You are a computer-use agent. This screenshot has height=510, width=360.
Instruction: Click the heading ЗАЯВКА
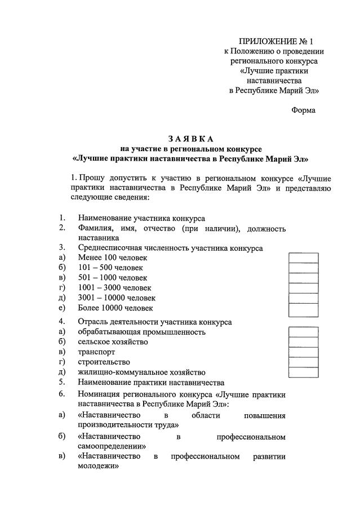190,139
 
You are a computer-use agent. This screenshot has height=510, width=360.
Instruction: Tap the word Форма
303,110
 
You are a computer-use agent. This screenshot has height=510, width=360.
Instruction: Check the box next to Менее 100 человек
303,258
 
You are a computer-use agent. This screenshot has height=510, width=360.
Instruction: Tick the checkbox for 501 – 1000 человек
303,278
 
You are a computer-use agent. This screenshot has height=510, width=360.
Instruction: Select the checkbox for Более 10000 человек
303,308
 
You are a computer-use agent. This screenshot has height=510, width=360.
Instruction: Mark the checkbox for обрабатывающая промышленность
303,332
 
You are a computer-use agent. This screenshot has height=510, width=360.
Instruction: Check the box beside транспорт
303,352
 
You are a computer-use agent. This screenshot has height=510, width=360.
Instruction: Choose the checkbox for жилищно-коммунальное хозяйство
303,372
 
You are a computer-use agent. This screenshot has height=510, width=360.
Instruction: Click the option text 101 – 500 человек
110,268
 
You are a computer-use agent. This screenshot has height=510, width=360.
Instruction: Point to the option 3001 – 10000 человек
117,298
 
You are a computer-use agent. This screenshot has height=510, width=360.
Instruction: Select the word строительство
104,362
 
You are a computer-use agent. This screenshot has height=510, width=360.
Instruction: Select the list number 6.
61,393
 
